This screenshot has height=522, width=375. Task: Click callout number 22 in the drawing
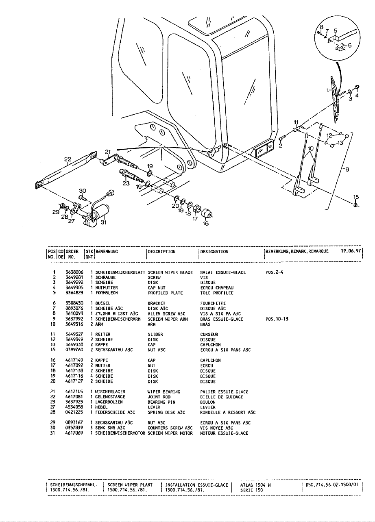(68, 159)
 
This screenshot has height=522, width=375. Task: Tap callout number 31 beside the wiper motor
(103, 222)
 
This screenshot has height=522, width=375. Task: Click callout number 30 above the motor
(83, 190)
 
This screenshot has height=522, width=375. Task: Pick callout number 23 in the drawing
(126, 183)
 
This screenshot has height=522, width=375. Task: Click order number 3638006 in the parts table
(74, 272)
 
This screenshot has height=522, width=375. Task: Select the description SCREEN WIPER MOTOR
(167, 433)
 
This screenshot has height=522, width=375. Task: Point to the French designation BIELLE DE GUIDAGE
(222, 397)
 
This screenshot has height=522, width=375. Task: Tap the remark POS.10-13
(277, 319)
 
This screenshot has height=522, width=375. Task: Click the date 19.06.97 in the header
(351, 251)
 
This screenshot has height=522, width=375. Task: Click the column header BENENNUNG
(107, 252)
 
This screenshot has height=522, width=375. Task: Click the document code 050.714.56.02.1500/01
(331, 485)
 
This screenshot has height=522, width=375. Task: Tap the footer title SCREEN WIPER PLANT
(130, 485)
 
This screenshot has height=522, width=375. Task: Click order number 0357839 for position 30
(74, 428)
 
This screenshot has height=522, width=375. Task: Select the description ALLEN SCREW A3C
(167, 314)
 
